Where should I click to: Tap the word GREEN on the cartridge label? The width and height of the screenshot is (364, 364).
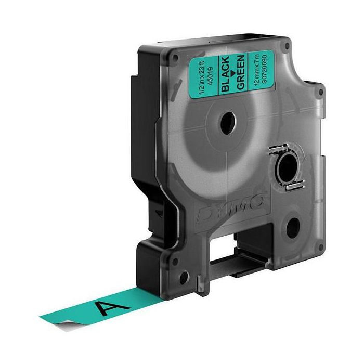241,72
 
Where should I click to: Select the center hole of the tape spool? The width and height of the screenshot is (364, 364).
228,123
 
